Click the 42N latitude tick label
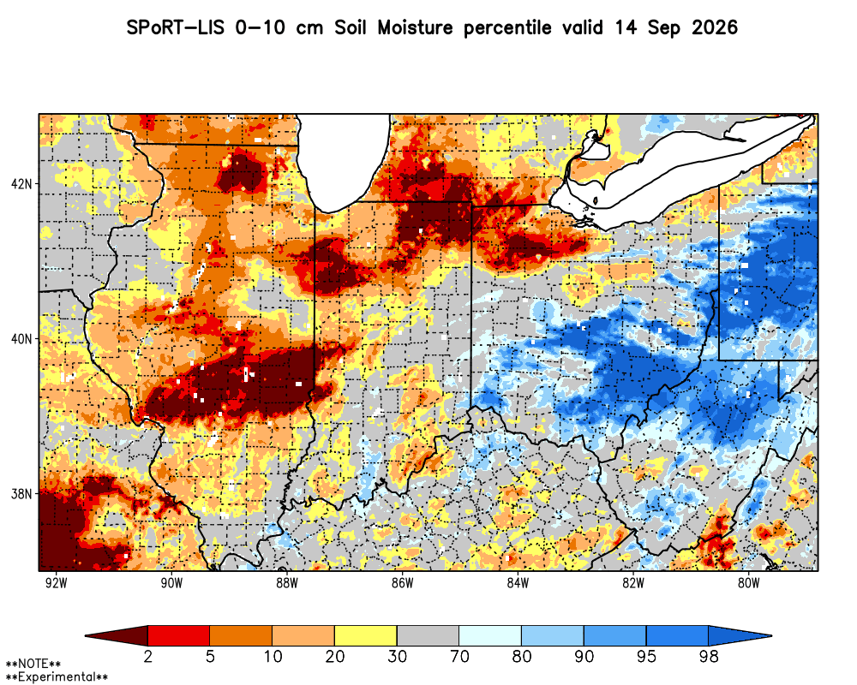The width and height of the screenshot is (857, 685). pyautogui.click(x=22, y=184)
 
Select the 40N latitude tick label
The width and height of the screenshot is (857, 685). pyautogui.click(x=22, y=339)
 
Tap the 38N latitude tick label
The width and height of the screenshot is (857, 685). pyautogui.click(x=22, y=494)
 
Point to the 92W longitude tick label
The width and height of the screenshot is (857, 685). pyautogui.click(x=57, y=583)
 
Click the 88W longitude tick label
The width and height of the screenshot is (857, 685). pyautogui.click(x=287, y=583)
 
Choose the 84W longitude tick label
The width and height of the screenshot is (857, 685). pyautogui.click(x=518, y=583)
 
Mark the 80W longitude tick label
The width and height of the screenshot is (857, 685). pyautogui.click(x=749, y=583)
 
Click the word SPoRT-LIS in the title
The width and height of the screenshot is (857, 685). pyautogui.click(x=176, y=27)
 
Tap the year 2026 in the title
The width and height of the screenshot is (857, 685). pyautogui.click(x=715, y=27)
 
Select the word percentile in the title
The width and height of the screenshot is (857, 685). pyautogui.click(x=507, y=28)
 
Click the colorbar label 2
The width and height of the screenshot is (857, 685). pyautogui.click(x=147, y=656)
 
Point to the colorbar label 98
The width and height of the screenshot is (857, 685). pyautogui.click(x=709, y=656)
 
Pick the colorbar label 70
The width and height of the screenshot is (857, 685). pyautogui.click(x=459, y=656)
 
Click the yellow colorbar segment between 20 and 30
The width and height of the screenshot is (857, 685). pyautogui.click(x=366, y=636)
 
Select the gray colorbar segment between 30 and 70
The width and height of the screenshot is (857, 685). pyautogui.click(x=428, y=636)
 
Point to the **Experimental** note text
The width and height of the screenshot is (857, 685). pyautogui.click(x=57, y=677)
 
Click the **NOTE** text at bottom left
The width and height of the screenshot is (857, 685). pyautogui.click(x=33, y=664)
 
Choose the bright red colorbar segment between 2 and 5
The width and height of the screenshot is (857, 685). pyautogui.click(x=179, y=636)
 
